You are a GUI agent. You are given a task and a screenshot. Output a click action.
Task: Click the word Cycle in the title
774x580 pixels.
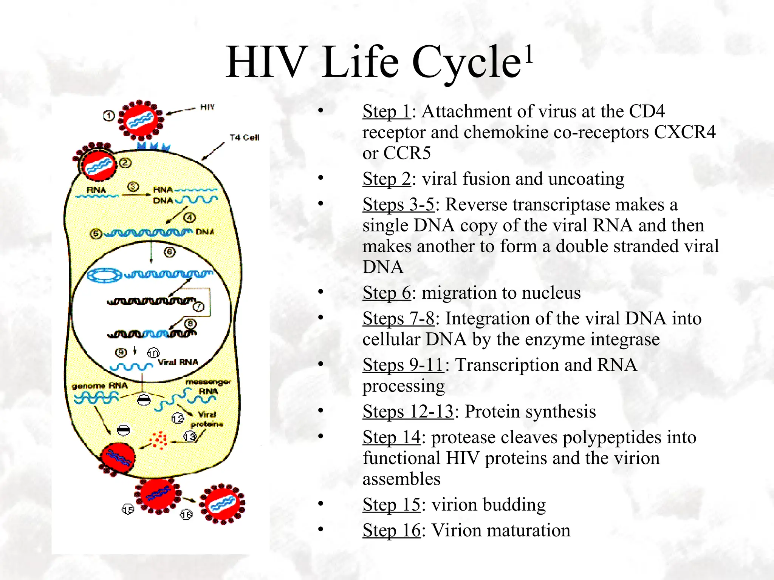coord(466,62)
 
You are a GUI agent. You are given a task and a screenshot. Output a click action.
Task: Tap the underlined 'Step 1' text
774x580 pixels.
coord(386,111)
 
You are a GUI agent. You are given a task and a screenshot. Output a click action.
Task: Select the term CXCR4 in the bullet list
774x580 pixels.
coord(684,132)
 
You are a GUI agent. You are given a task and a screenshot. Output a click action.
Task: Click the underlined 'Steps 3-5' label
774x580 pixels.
coord(398,205)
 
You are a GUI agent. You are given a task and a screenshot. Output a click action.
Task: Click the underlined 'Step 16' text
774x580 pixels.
coord(391,530)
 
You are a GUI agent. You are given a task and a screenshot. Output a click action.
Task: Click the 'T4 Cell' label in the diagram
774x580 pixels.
coord(244,137)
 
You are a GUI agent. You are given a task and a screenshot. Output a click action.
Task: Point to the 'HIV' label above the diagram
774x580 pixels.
coord(207,107)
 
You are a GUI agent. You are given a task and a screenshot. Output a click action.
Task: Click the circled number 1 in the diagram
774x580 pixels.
coord(109,116)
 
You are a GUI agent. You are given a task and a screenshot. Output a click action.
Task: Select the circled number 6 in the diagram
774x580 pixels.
coord(170,252)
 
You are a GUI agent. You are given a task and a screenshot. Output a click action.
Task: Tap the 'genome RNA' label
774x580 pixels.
coord(100,386)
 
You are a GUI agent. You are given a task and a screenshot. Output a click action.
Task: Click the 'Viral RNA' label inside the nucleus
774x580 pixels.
coord(178,362)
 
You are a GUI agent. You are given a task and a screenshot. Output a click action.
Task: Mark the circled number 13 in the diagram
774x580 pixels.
coord(190,437)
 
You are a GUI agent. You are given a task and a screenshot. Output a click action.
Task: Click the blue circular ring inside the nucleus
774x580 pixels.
coord(104,275)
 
